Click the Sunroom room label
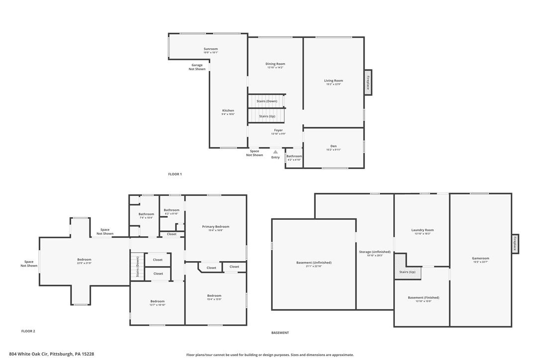(x=210, y=49)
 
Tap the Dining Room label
(x=275, y=64)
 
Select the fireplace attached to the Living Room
(x=368, y=82)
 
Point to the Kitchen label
(x=228, y=111)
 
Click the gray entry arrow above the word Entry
(x=275, y=152)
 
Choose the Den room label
(x=334, y=146)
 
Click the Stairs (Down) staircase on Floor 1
(x=267, y=101)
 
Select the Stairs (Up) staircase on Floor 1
(x=267, y=116)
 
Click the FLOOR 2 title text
(x=28, y=331)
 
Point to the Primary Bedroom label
(x=215, y=227)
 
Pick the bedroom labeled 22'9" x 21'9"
(x=84, y=260)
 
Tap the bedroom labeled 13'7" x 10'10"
(x=158, y=301)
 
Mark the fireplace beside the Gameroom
(x=515, y=244)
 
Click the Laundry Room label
(x=422, y=230)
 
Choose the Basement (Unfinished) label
(x=314, y=263)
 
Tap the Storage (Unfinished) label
(x=374, y=252)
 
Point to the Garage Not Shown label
(x=197, y=67)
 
